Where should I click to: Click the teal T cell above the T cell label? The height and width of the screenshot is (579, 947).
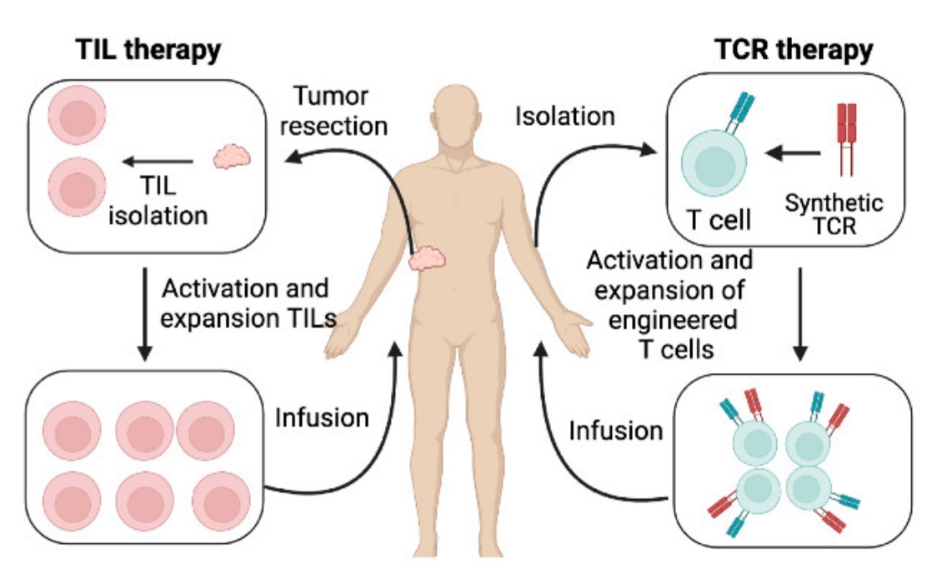(x=713, y=162)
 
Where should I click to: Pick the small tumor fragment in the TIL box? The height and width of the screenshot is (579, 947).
(x=230, y=157)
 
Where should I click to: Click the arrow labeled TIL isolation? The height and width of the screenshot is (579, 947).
(x=158, y=162)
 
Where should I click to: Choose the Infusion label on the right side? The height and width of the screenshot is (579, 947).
(x=616, y=431)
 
